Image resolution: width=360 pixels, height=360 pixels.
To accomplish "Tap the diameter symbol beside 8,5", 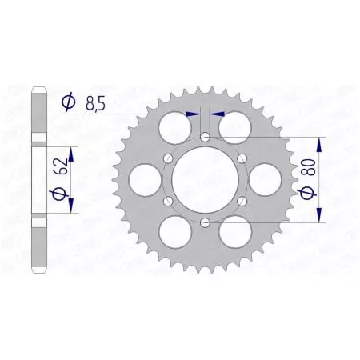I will click(x=68, y=102).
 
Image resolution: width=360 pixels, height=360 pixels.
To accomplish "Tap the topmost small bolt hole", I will click(x=206, y=138).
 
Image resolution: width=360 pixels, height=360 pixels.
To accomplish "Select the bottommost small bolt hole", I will click(x=206, y=222).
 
